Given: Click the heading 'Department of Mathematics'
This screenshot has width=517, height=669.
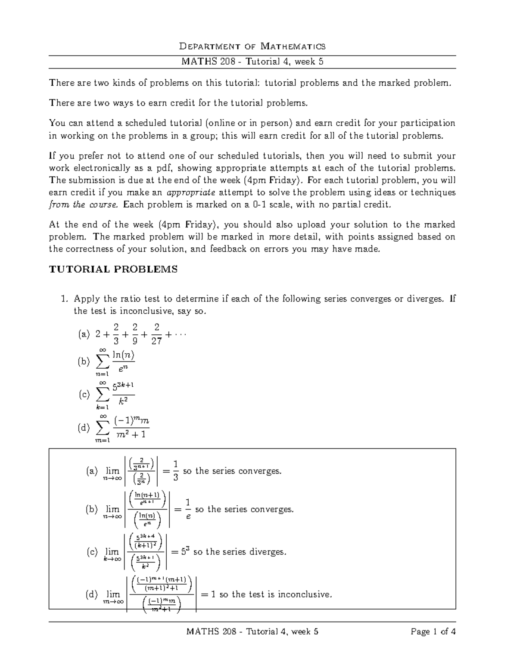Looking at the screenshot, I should [x=252, y=46].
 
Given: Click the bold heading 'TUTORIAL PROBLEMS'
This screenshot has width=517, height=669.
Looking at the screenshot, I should [x=113, y=270].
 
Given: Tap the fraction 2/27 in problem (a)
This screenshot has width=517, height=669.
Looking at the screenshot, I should [x=156, y=334].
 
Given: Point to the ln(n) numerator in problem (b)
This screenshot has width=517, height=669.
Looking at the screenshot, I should [x=123, y=355].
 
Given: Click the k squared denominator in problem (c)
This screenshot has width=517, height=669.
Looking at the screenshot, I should [x=123, y=401].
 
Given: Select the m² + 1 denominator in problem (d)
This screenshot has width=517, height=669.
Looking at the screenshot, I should [x=131, y=435].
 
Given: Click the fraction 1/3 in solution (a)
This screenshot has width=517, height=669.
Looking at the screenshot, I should [x=175, y=470].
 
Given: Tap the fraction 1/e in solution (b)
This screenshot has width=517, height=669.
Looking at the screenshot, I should [x=187, y=509].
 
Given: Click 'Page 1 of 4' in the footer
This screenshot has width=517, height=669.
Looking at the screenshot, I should [x=433, y=632].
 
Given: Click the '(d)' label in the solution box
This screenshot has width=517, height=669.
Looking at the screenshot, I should [x=92, y=594].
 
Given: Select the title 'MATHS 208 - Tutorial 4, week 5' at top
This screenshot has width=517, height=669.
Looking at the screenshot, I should [x=252, y=62].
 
